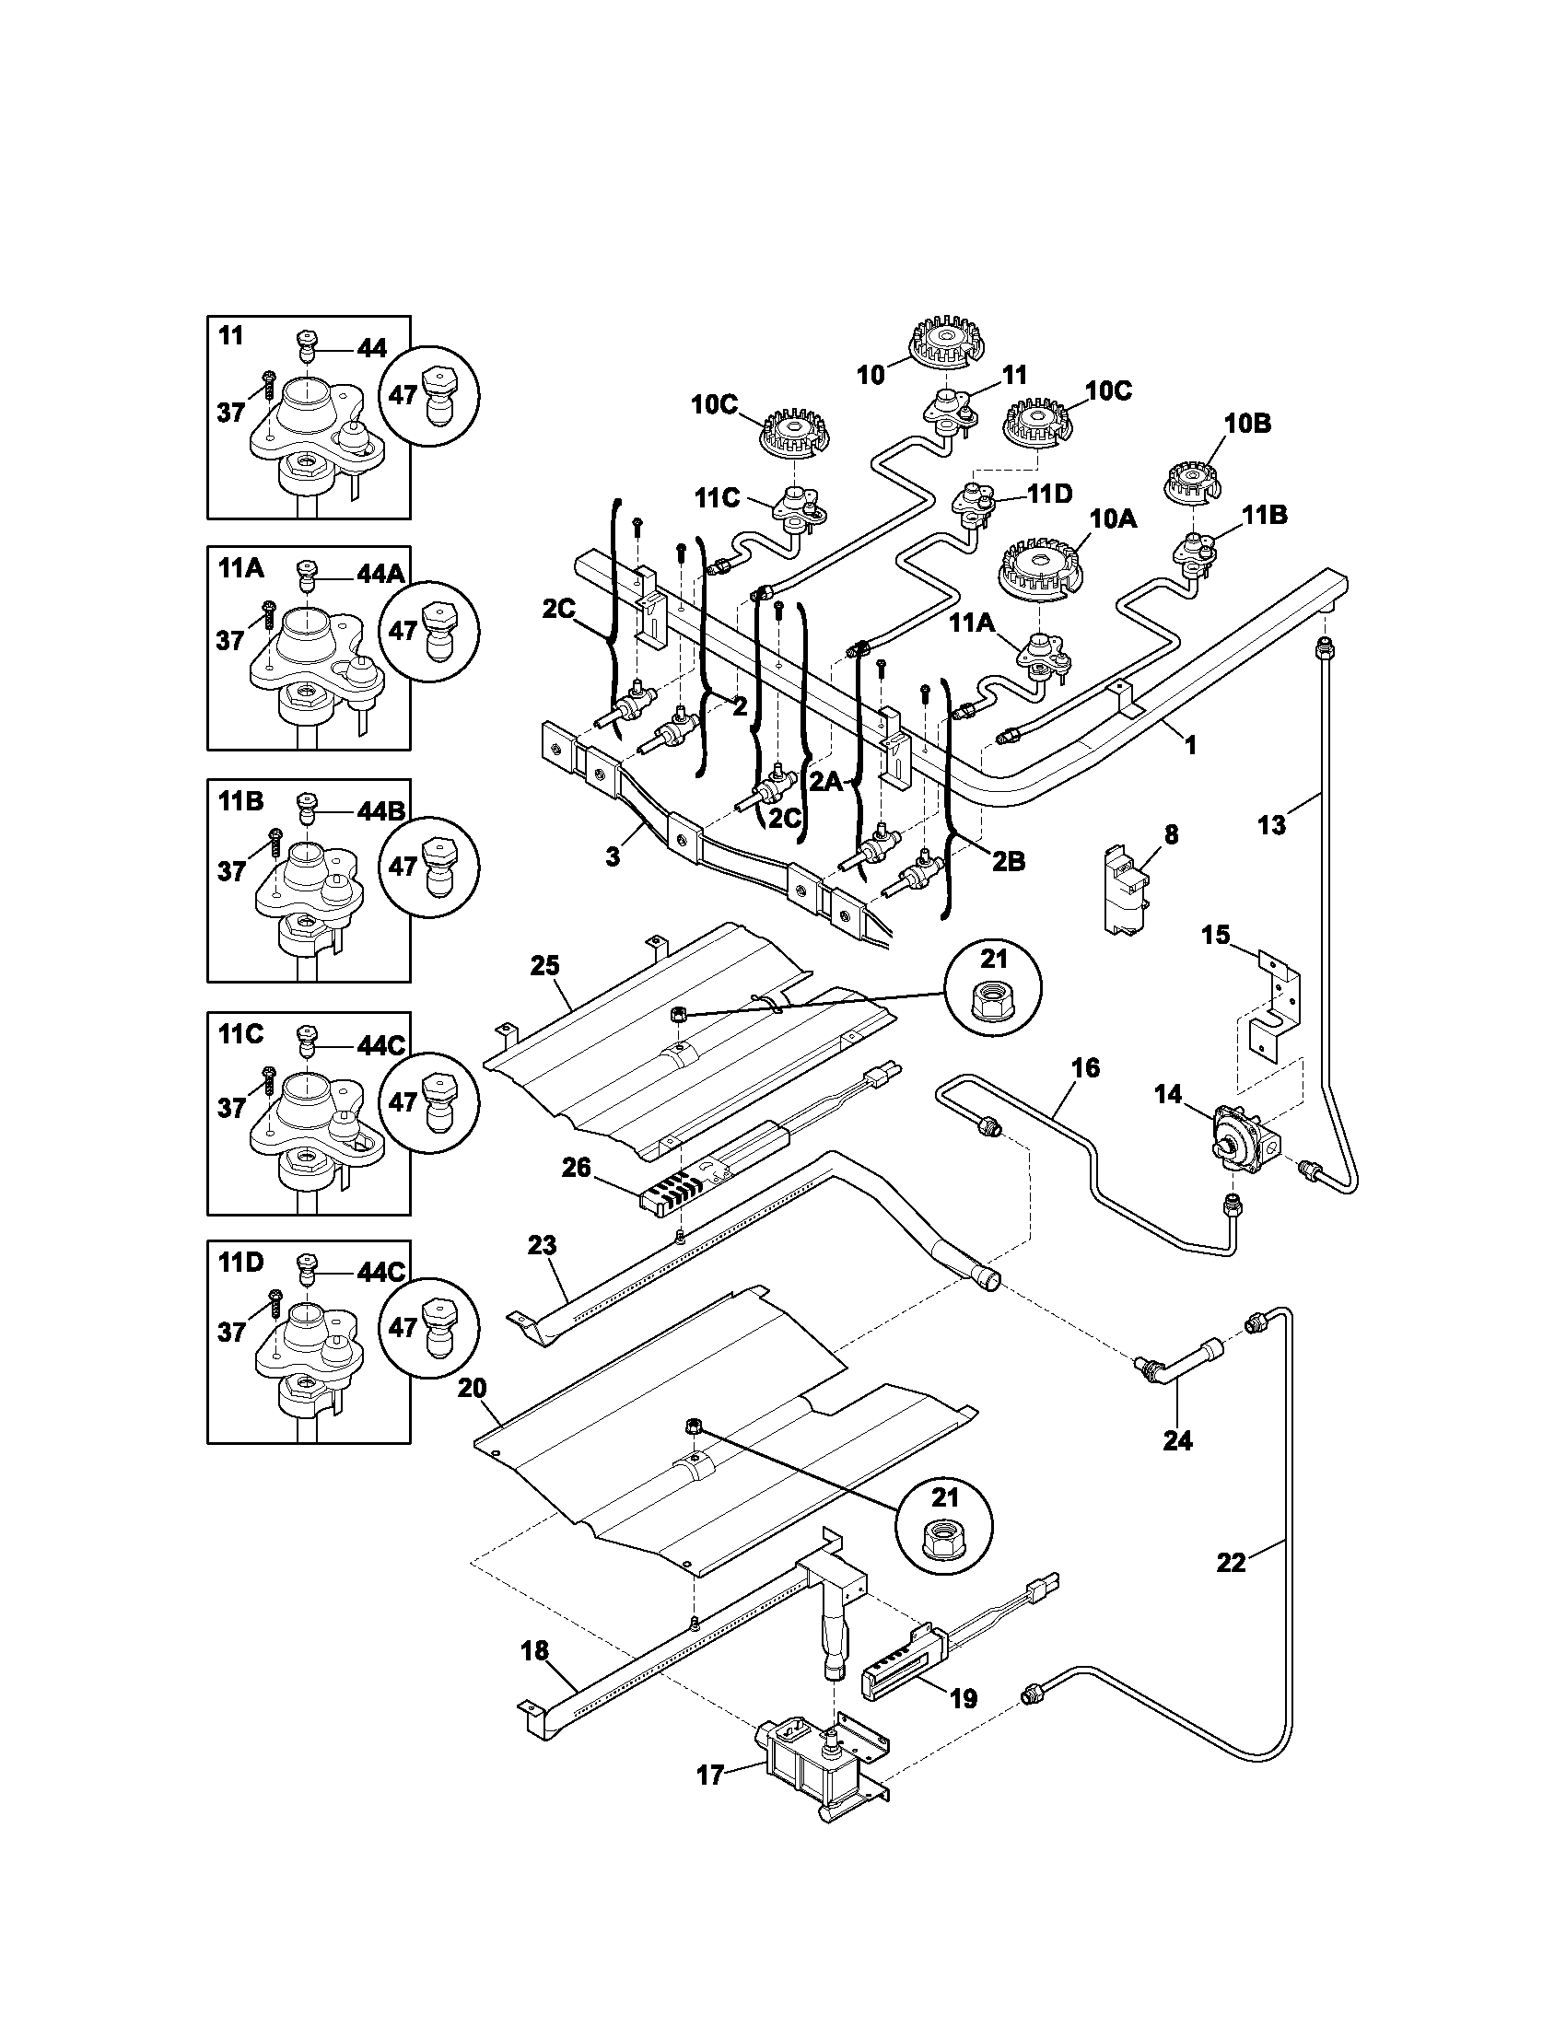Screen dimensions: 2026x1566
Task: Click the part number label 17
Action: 708,1776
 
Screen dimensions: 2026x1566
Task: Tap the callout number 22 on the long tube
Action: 1231,1562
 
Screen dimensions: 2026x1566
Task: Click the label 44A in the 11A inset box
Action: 381,576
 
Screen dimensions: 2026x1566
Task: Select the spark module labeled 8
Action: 1125,886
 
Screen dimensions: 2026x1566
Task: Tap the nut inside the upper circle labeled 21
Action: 993,1000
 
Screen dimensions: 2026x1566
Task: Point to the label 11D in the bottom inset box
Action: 241,1261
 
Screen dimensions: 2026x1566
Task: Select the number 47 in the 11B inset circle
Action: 402,866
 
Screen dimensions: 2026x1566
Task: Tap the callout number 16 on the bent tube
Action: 1084,1067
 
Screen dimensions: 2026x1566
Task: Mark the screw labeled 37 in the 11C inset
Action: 271,1077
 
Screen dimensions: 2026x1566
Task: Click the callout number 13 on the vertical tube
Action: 1271,824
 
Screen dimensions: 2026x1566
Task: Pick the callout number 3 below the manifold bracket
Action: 613,856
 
